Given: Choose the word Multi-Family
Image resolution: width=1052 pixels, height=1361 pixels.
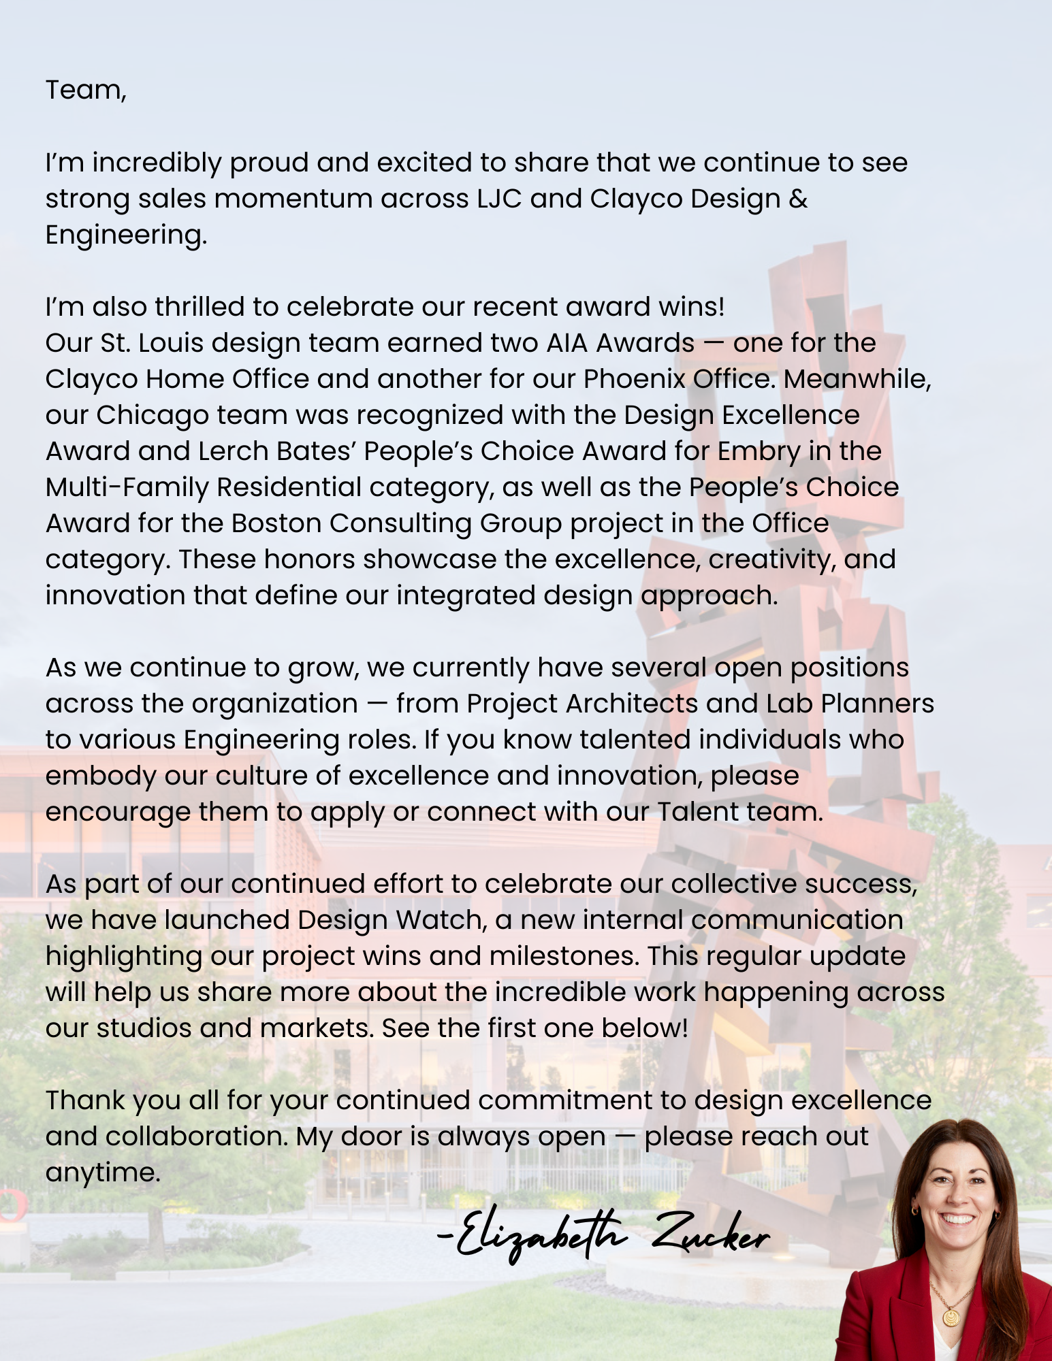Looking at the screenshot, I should click(x=127, y=487).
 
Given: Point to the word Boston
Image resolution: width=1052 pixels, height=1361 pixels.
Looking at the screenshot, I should click(x=276, y=523).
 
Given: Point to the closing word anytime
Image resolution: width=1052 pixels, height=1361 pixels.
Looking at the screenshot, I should click(x=102, y=1173).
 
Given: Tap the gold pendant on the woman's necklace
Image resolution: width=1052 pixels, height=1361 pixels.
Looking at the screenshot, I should click(x=951, y=1317).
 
